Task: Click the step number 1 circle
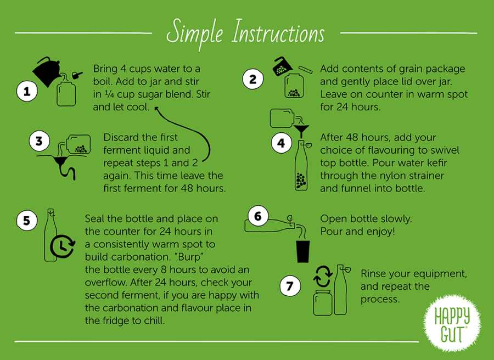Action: [x=27, y=92]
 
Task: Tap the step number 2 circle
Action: [x=252, y=79]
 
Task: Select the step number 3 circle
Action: [x=39, y=141]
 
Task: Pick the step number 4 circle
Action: [x=282, y=143]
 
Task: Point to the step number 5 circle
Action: [x=27, y=221]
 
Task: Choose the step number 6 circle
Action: [x=258, y=216]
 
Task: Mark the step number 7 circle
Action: [x=290, y=286]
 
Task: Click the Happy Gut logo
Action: [x=452, y=323]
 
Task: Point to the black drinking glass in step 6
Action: [x=303, y=251]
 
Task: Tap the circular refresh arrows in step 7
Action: [x=323, y=276]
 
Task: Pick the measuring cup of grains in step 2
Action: [x=283, y=66]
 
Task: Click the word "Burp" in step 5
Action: [x=190, y=257]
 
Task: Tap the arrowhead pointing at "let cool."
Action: [x=156, y=109]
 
